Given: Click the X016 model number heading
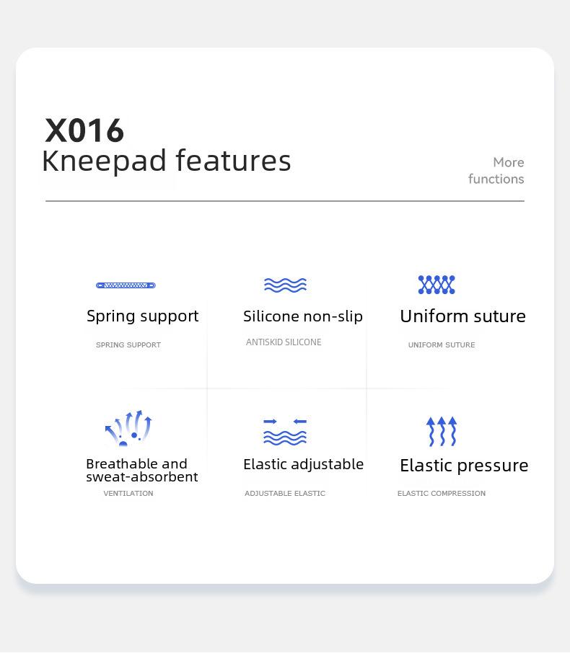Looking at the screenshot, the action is tap(84, 130).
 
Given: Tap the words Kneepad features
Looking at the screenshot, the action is tap(167, 161).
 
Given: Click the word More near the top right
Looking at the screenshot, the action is tap(508, 162).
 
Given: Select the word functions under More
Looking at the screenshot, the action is tap(496, 179).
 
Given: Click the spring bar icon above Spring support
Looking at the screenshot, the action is tap(126, 285).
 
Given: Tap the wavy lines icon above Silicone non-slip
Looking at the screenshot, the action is tap(285, 285).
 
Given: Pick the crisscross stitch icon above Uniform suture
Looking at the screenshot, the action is tap(437, 285).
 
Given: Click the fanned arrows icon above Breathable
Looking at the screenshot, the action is tap(128, 428).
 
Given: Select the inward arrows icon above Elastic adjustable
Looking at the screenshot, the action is tap(285, 432).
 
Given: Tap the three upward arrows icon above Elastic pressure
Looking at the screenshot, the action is tap(442, 432).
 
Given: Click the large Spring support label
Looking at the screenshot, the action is tap(143, 316).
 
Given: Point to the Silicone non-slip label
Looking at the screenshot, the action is tap(303, 316).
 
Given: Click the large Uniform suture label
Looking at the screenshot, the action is tap(462, 316).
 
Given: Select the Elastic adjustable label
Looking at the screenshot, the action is tap(304, 465).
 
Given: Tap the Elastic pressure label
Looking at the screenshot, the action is tap(464, 466).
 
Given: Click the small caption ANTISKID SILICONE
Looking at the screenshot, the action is tap(284, 342).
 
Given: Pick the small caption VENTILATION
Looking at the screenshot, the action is tap(128, 494).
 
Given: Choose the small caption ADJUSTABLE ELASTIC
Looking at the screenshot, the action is tap(285, 494).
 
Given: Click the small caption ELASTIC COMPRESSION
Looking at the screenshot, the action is tap(442, 494).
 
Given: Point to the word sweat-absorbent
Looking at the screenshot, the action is tap(141, 477).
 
